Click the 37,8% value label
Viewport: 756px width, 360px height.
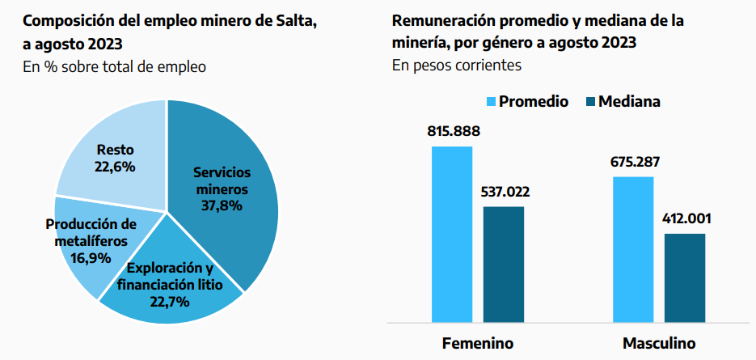click(x=222, y=205)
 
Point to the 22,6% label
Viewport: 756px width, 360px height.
click(x=115, y=167)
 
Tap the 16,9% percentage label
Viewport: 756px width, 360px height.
click(x=91, y=258)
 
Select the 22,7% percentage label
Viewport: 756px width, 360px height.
click(x=169, y=302)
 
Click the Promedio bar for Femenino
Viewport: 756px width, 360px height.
click(x=452, y=234)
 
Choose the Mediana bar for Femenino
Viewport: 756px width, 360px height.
click(x=504, y=264)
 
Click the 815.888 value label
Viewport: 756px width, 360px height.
click(x=452, y=133)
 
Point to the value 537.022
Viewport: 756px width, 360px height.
click(x=504, y=193)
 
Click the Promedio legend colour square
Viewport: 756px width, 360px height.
click(x=490, y=102)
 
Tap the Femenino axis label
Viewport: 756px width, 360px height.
click(x=478, y=342)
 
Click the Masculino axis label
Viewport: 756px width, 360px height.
click(x=659, y=342)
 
